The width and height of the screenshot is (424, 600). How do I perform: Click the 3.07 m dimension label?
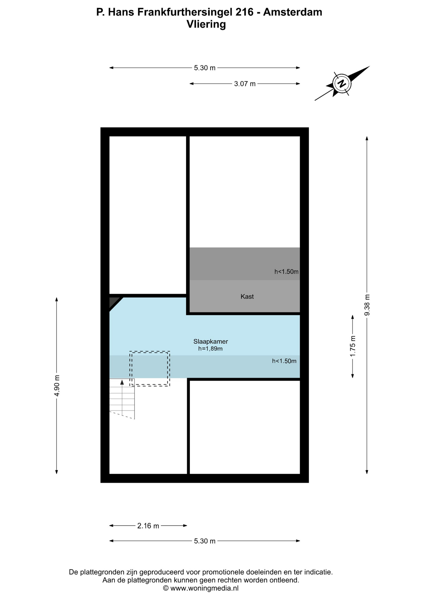tap(245, 84)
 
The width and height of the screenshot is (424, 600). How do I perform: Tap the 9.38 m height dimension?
tap(367, 305)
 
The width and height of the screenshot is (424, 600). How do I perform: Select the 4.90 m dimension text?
tap(57, 386)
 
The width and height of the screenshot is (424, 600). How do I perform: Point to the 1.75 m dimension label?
tap(353, 346)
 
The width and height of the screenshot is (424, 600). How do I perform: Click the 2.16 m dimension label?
tap(148, 526)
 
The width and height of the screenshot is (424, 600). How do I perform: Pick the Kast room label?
tap(247, 297)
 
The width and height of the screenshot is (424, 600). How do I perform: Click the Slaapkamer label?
tap(211, 342)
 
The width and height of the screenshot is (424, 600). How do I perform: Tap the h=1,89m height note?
tap(210, 349)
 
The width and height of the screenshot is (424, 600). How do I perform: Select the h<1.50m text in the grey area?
tap(287, 272)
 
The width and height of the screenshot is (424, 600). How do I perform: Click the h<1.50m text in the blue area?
tap(284, 361)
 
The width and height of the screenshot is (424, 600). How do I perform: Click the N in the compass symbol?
tap(342, 83)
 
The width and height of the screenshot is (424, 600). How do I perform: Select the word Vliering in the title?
tap(206, 24)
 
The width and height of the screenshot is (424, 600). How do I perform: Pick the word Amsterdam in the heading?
tap(293, 12)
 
